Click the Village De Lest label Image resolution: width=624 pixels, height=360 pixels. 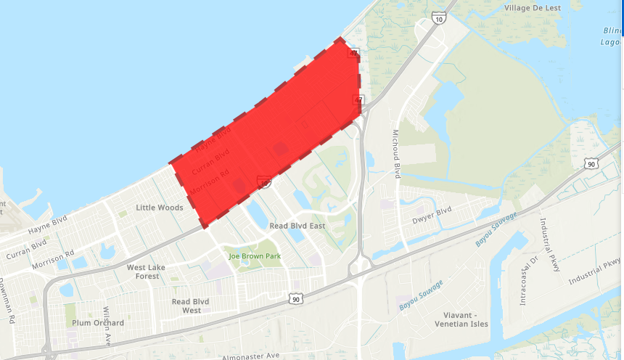(533, 8)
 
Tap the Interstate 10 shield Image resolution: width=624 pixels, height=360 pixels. (438, 19)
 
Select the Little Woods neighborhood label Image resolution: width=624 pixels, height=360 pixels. (160, 208)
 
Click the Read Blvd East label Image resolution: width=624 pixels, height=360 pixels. (297, 226)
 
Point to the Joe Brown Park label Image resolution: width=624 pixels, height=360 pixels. (254, 256)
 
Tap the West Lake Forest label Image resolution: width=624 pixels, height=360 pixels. (147, 271)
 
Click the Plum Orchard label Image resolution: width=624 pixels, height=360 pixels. (99, 323)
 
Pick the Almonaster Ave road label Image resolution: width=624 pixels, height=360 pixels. (250, 356)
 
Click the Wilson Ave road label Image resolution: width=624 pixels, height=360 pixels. (106, 315)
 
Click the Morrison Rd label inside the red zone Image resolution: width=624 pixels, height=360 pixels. (210, 181)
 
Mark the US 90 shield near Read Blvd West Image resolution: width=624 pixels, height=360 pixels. (295, 298)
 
